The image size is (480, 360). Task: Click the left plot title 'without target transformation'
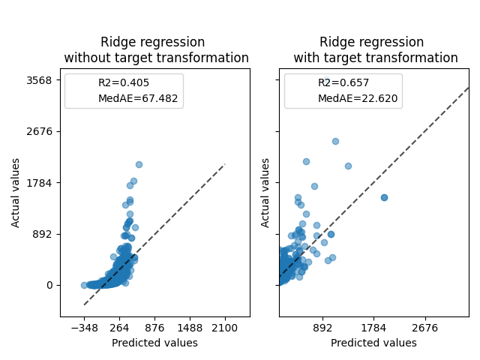pyautogui.click(x=156, y=58)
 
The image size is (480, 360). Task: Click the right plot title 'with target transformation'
pyautogui.click(x=375, y=58)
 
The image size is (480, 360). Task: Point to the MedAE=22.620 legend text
pyautogui.click(x=358, y=98)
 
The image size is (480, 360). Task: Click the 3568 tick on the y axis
pyautogui.click(x=39, y=79)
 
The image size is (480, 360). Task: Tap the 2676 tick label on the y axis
pyautogui.click(x=39, y=131)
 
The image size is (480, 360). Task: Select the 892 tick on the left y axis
pyautogui.click(x=42, y=234)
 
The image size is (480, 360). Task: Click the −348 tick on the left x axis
pyautogui.click(x=84, y=328)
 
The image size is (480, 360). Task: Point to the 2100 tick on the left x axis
pyautogui.click(x=225, y=328)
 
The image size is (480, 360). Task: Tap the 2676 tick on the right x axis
pyautogui.click(x=425, y=328)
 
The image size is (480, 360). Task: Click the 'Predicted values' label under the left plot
pyautogui.click(x=154, y=343)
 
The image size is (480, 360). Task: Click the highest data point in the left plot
pyautogui.click(x=139, y=164)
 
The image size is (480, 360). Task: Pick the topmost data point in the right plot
pyautogui.click(x=335, y=141)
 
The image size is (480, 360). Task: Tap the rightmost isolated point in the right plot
pyautogui.click(x=384, y=197)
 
